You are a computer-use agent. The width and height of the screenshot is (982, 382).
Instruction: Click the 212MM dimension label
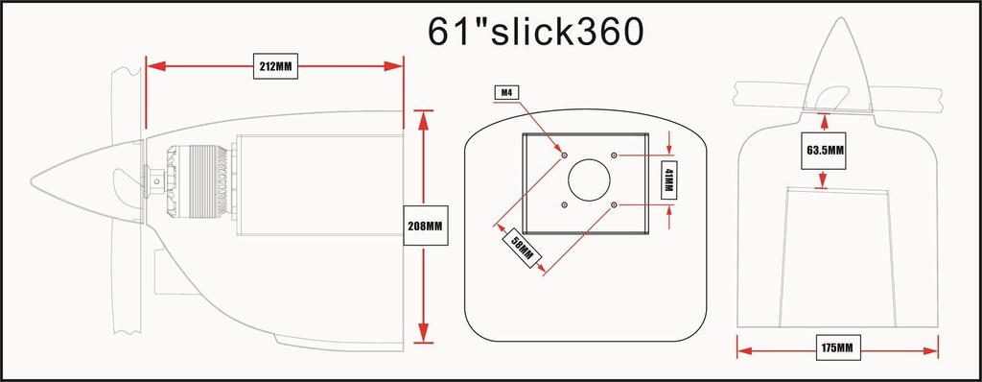275,66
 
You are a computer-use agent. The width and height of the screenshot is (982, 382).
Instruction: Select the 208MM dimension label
425,226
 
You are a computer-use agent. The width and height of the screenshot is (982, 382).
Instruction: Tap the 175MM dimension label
837,346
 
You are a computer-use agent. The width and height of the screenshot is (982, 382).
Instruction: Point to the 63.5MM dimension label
823,151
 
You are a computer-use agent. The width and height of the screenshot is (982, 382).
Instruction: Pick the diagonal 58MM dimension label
522,247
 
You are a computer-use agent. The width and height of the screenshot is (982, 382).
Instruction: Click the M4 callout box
505,93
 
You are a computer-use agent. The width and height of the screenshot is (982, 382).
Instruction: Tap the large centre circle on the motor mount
589,179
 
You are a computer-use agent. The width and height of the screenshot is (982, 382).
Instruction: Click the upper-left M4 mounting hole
564,155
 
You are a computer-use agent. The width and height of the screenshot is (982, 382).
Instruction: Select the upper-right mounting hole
614,155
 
